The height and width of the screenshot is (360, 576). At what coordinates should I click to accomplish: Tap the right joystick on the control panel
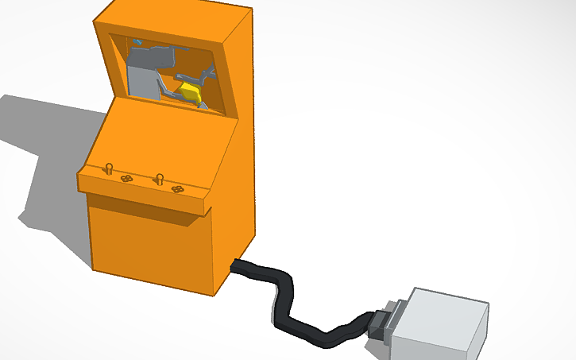click(x=160, y=176)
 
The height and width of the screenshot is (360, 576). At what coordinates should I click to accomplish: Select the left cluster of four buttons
click(x=126, y=180)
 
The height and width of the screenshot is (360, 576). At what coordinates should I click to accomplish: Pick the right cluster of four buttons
click(x=178, y=189)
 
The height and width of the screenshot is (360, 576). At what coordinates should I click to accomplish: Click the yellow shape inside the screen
click(x=190, y=91)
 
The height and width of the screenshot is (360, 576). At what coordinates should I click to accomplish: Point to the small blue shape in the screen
click(x=137, y=41)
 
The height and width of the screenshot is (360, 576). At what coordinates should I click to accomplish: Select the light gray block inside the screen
click(x=141, y=79)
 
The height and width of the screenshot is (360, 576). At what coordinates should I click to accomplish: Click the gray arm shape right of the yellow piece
click(x=209, y=75)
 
